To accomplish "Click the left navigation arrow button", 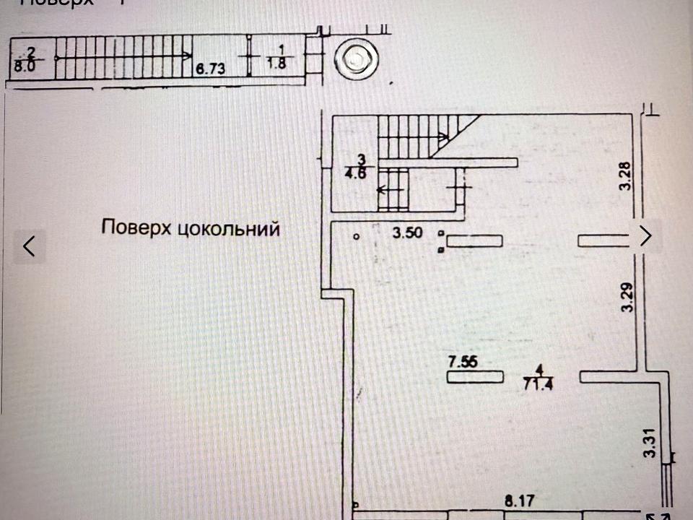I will point(30,246).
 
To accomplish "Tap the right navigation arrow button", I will point(646,235).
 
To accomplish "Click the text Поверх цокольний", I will point(191,229).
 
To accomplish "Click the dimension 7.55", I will point(463,362).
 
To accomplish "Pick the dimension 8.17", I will point(518,499).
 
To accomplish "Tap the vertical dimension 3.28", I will point(627,175).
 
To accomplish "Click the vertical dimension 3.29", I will point(627,297).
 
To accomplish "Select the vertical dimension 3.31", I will point(650,443).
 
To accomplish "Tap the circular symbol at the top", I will point(355,60).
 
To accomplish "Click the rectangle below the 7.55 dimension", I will point(475,377).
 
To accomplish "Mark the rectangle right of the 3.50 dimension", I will point(474,240).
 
